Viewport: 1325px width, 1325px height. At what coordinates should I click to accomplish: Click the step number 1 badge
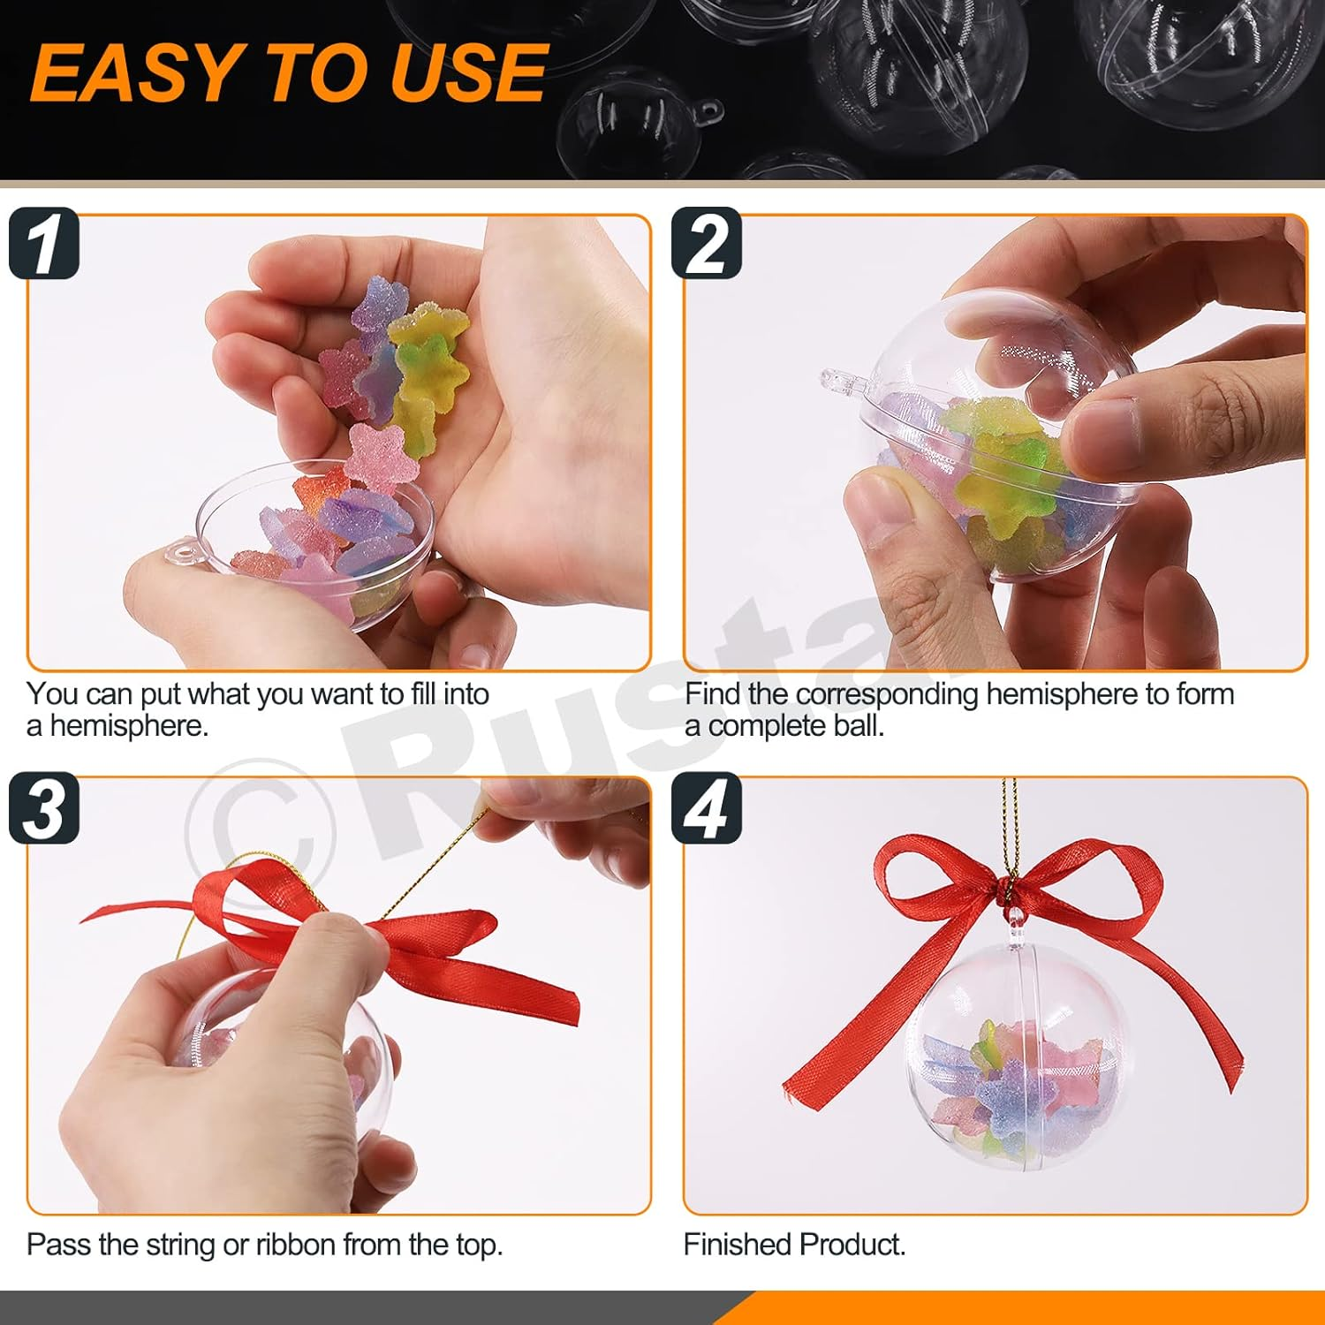click(x=44, y=244)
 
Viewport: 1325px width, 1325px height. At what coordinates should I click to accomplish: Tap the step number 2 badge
click(x=707, y=244)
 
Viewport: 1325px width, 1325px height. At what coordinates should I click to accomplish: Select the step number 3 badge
click(x=44, y=809)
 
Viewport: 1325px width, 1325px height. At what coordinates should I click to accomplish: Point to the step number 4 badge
click(x=707, y=809)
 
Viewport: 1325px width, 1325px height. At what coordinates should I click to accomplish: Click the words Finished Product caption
click(x=794, y=1245)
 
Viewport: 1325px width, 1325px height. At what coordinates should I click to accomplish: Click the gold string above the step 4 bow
click(x=1010, y=821)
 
